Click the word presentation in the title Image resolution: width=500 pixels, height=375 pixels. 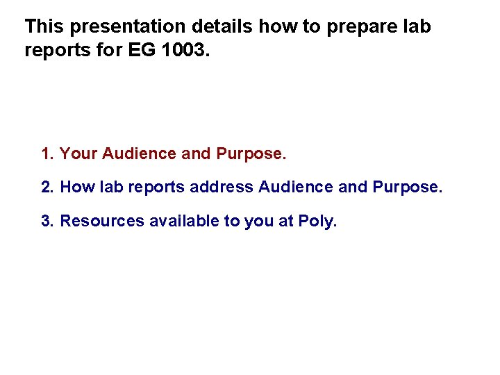127,28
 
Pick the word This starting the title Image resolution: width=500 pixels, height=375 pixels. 45,27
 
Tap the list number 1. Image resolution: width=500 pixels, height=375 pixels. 47,153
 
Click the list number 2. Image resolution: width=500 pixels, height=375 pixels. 47,187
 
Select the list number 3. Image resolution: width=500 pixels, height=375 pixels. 47,221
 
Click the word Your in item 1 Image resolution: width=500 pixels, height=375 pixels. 78,153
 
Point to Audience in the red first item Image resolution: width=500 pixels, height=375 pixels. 140,153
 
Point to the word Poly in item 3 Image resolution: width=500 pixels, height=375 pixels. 316,222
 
